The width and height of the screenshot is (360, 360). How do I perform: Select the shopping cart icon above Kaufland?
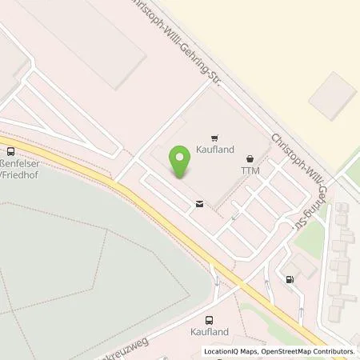[x=214, y=138]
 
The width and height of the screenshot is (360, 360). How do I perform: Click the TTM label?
[x=250, y=171]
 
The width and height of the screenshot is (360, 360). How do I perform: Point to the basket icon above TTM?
[x=250, y=158]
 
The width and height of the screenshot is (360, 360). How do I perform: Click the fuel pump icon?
[x=289, y=280]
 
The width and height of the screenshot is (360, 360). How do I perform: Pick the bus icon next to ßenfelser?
[x=11, y=150]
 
